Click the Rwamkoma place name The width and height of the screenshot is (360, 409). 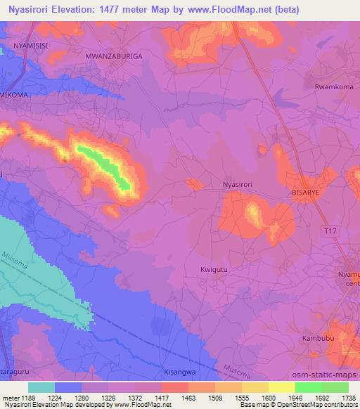[x=333, y=87]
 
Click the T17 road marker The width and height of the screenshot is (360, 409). [x=329, y=231]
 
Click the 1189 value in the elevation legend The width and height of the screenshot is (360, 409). [x=28, y=398]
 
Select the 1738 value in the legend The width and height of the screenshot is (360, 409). [x=347, y=398]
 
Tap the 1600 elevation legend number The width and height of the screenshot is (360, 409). [x=268, y=398]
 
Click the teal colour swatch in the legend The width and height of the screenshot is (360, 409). [x=41, y=387]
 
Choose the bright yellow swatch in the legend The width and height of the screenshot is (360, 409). [x=281, y=387]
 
